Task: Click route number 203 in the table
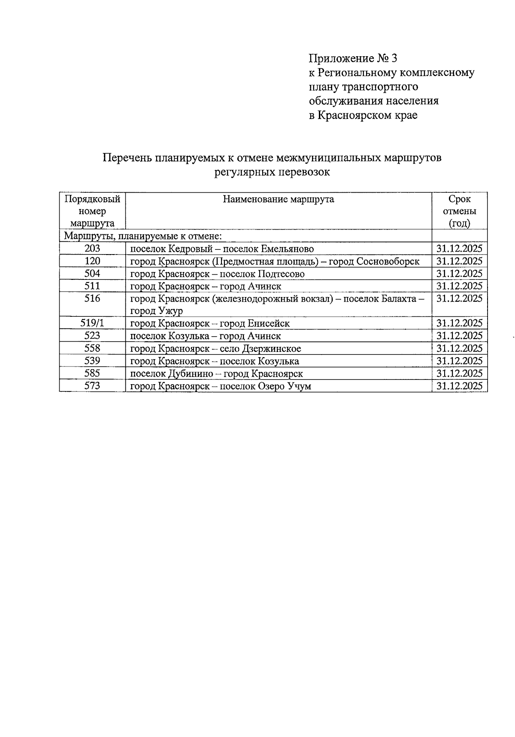[x=92, y=249]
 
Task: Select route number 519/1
[x=92, y=323]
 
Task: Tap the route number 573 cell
[x=92, y=386]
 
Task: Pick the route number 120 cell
[x=92, y=261]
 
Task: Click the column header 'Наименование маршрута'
[x=278, y=199]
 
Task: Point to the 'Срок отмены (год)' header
[x=459, y=211]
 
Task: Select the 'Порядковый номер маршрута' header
[x=92, y=211]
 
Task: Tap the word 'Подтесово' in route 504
[x=281, y=274]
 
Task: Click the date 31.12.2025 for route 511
[x=459, y=286]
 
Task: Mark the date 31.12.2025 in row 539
[x=459, y=361]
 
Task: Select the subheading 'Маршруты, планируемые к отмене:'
[x=142, y=236]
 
